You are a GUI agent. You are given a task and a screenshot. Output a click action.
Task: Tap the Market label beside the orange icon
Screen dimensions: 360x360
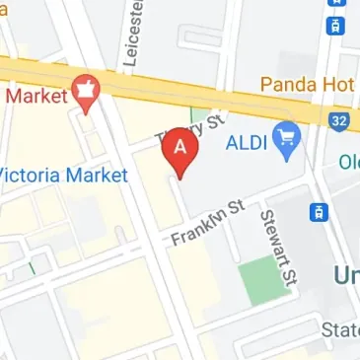(34, 96)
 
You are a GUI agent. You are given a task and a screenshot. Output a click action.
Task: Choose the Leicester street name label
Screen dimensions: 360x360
(129, 35)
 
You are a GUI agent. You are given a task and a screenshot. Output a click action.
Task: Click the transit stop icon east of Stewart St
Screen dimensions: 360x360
(320, 211)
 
